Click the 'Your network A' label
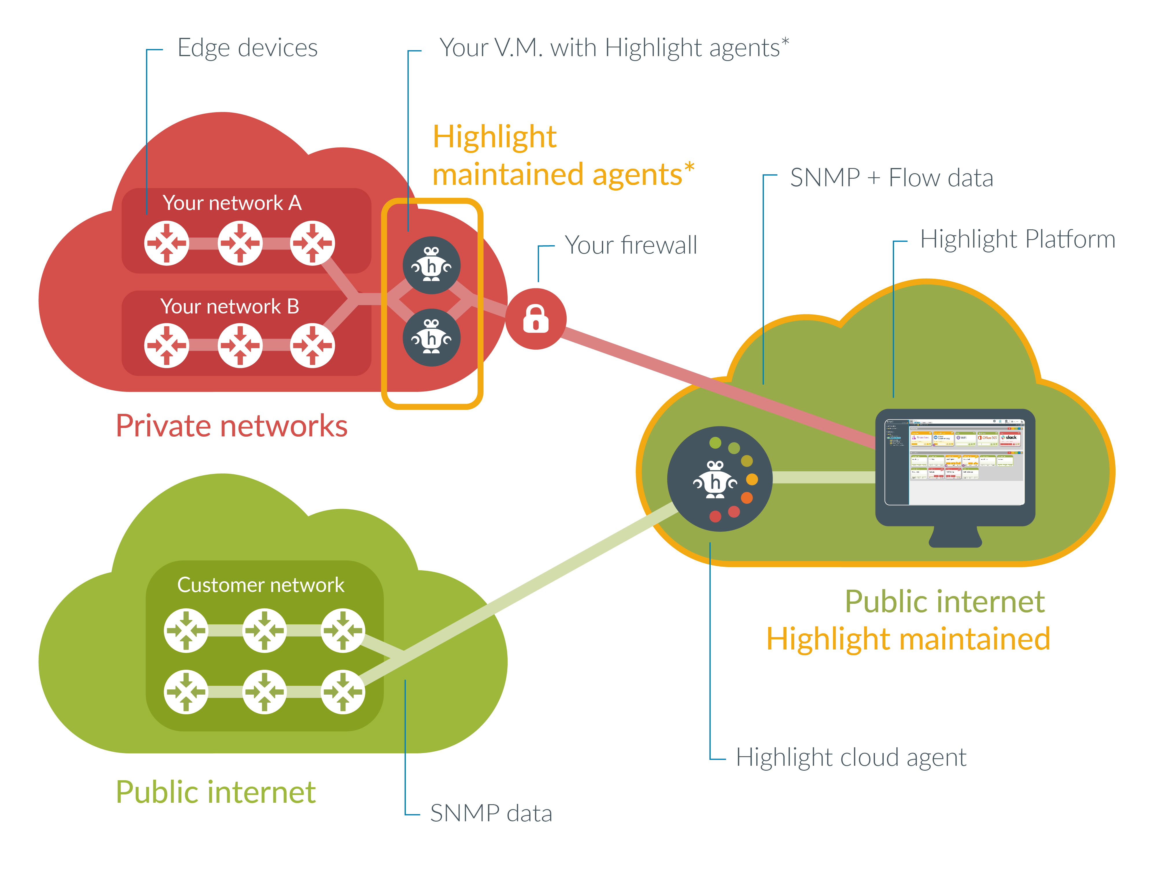coord(232,203)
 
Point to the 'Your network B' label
coord(229,306)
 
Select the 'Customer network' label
coord(261,585)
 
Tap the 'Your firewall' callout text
coord(631,245)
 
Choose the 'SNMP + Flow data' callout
coord(891,178)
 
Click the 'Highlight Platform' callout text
coord(1018,240)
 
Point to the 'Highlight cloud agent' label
coord(851,757)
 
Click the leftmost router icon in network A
coord(166,243)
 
